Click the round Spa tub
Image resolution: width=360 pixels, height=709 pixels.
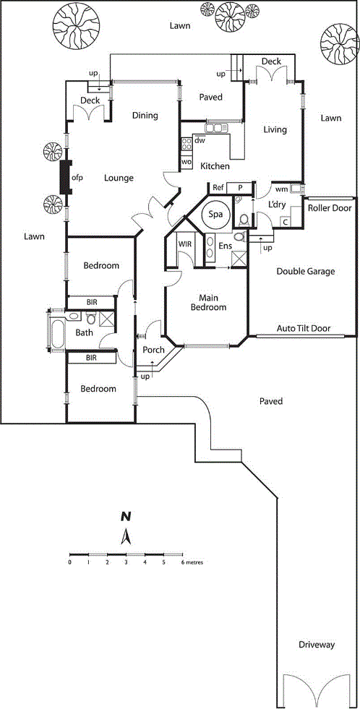pyautogui.click(x=215, y=214)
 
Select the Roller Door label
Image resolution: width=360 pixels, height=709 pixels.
pyautogui.click(x=330, y=208)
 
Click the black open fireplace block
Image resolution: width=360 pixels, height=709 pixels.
pyautogui.click(x=66, y=178)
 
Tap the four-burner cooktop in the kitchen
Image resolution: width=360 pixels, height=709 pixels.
pyautogui.click(x=187, y=145)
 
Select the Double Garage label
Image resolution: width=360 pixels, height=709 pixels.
pyautogui.click(x=306, y=271)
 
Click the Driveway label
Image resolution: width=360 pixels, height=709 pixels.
pyautogui.click(x=316, y=645)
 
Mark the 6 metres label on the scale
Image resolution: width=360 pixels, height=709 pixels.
pyautogui.click(x=192, y=563)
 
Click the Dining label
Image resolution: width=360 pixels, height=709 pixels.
pyautogui.click(x=145, y=116)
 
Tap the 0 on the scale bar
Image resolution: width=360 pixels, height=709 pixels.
pyautogui.click(x=69, y=562)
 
